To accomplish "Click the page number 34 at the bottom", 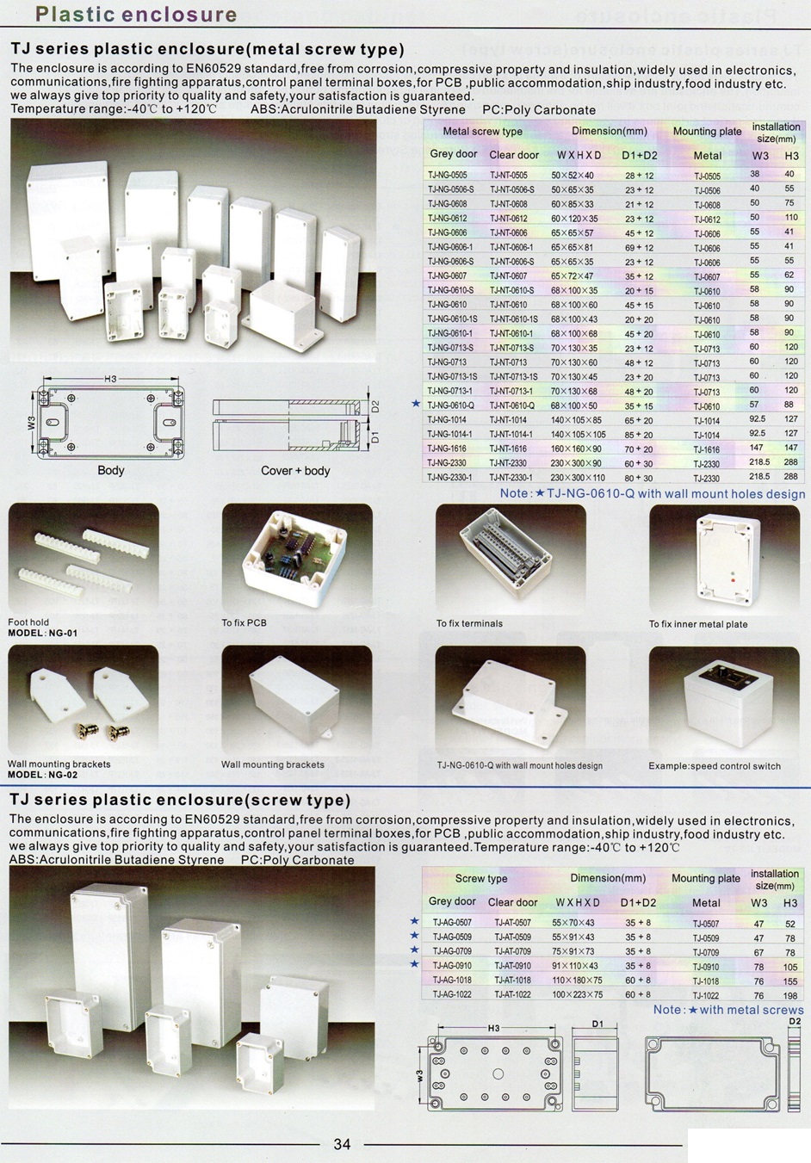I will tap(342, 1144).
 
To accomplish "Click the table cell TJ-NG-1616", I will tap(447, 448).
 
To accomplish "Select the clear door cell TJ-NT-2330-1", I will tap(511, 478).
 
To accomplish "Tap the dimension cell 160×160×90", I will tap(576, 448).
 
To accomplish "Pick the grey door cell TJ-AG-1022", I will tap(452, 994).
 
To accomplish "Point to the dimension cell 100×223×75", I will tap(578, 994).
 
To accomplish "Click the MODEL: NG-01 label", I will tap(42, 634).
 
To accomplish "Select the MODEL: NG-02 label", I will tap(42, 775).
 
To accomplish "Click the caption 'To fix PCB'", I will tap(244, 622).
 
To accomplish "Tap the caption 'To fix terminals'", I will tap(469, 623).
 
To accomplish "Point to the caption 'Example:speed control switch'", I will tap(715, 766).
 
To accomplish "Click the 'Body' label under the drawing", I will tap(110, 471).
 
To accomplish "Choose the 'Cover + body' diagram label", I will tap(295, 471).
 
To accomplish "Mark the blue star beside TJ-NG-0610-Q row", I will tap(416, 404).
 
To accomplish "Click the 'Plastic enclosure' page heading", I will tap(136, 15).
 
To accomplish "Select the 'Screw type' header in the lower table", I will tap(481, 879).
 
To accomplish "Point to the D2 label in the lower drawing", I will tap(795, 1022).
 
